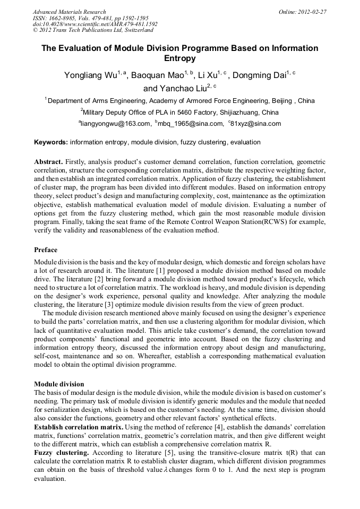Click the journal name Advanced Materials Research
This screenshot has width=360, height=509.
[69, 12]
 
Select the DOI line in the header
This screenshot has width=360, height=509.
[95, 24]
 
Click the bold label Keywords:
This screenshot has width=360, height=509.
[51, 142]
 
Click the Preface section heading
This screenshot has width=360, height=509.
[46, 250]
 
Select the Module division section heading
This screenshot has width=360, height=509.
[59, 384]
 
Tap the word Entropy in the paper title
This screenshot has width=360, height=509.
[180, 58]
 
